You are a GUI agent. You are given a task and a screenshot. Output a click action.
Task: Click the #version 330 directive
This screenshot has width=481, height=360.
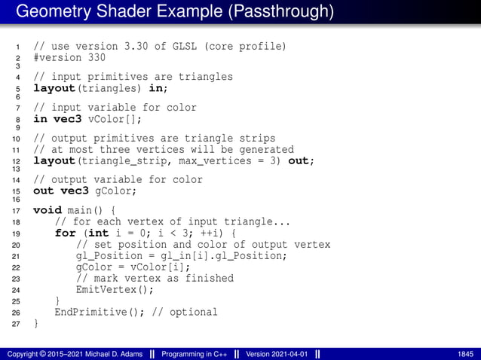69,57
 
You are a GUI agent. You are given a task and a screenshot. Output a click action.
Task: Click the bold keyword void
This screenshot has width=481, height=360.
47,210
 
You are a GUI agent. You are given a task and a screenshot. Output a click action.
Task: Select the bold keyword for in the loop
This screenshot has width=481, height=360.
66,233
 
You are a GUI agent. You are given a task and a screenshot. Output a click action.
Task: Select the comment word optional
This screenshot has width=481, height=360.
192,312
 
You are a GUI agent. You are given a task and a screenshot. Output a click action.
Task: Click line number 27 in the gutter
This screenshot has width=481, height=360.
17,324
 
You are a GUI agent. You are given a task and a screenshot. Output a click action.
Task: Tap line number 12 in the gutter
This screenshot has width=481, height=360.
17,162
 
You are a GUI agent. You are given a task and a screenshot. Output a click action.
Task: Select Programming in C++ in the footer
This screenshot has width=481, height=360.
191,353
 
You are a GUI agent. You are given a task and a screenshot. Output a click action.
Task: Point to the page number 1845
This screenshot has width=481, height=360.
465,353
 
